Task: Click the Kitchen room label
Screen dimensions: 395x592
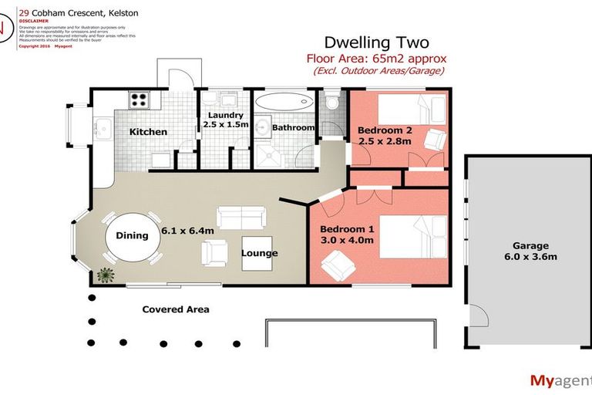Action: tap(148, 132)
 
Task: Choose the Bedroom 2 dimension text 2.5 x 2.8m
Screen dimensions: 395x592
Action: tap(384, 141)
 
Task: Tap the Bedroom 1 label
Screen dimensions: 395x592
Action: tap(347, 229)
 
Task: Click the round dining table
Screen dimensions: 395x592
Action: tap(132, 237)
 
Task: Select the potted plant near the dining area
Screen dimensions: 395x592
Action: tap(105, 274)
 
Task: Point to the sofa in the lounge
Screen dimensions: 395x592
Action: tap(241, 218)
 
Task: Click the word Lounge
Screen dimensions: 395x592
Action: tap(260, 253)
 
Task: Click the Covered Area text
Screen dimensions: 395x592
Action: tap(176, 309)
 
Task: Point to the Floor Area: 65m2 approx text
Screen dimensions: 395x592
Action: tap(376, 59)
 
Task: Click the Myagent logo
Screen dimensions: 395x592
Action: tap(560, 380)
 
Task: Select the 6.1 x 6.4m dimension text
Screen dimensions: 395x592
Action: tap(187, 230)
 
